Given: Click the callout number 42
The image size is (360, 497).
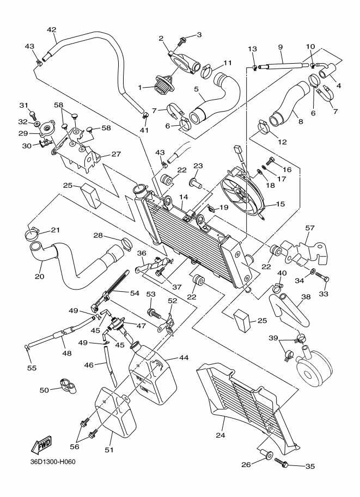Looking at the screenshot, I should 52,29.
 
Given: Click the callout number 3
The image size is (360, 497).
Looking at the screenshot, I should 199,35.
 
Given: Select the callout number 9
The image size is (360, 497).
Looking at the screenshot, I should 282,47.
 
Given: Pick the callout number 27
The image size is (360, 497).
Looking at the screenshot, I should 116,154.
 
